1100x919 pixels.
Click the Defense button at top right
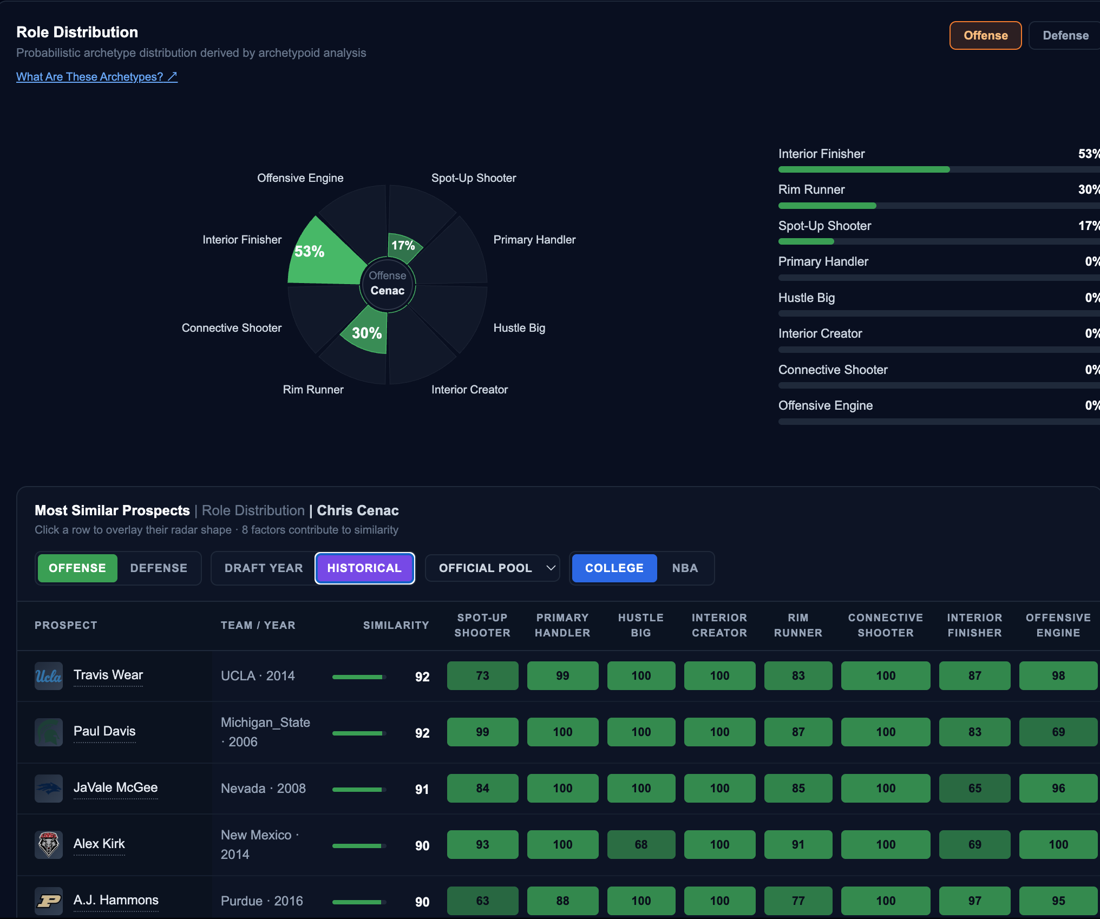pyautogui.click(x=1065, y=36)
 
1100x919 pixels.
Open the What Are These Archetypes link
pyautogui.click(x=97, y=77)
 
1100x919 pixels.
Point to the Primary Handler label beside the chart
pyautogui.click(x=534, y=240)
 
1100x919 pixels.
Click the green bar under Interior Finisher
pyautogui.click(x=864, y=169)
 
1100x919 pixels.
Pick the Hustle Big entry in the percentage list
pyautogui.click(x=807, y=298)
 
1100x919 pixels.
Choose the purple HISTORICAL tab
pyautogui.click(x=364, y=568)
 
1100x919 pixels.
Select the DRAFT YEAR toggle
pyautogui.click(x=264, y=568)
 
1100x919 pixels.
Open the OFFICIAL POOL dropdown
pyautogui.click(x=493, y=568)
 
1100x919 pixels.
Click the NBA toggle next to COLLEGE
pyautogui.click(x=685, y=568)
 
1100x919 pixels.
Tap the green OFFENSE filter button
pyautogui.click(x=77, y=568)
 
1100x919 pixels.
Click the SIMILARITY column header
pyautogui.click(x=396, y=626)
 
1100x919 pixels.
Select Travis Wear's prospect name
pyautogui.click(x=108, y=675)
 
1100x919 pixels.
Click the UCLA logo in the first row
pyautogui.click(x=49, y=676)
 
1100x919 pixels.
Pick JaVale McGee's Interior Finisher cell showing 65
pyautogui.click(x=974, y=789)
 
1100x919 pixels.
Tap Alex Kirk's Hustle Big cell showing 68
pyautogui.click(x=641, y=845)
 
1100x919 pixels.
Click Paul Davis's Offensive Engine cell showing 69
pyautogui.click(x=1058, y=732)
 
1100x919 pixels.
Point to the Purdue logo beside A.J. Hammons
pyautogui.click(x=49, y=901)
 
